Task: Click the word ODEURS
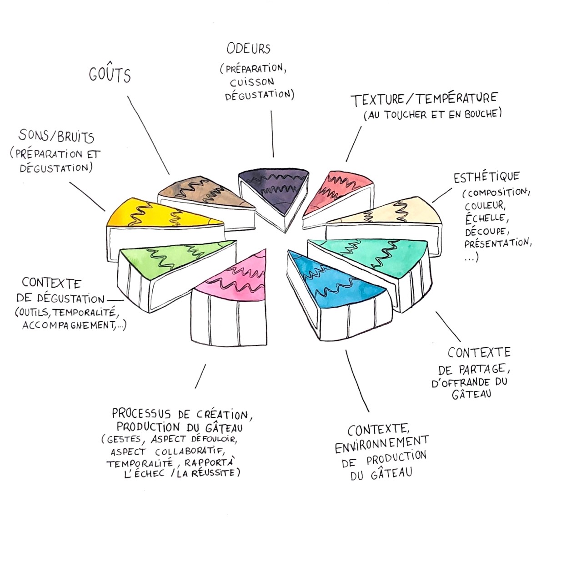pos(248,48)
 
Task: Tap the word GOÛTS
pos(110,75)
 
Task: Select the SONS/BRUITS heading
pos(56,136)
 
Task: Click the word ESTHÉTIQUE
pos(486,177)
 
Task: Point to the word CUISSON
pos(251,82)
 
